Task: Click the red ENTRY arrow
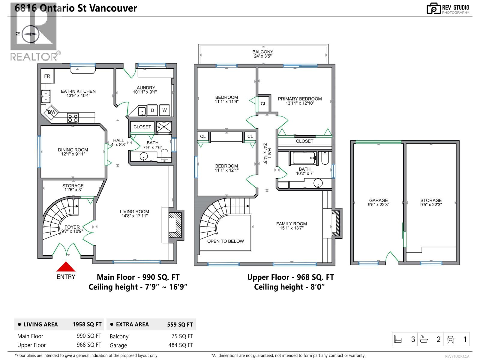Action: pyautogui.click(x=66, y=267)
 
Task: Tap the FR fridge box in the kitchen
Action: pyautogui.click(x=47, y=76)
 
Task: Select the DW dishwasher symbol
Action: pyautogui.click(x=51, y=112)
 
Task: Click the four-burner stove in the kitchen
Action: pyautogui.click(x=73, y=118)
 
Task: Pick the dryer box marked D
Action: pyautogui.click(x=152, y=110)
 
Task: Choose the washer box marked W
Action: pyautogui.click(x=164, y=110)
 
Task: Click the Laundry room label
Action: pyautogui.click(x=145, y=88)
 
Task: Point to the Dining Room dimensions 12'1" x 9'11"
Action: pyautogui.click(x=73, y=154)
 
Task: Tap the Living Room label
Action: pyautogui.click(x=134, y=211)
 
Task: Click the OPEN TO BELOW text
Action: pyautogui.click(x=226, y=241)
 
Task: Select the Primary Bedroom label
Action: pyautogui.click(x=300, y=99)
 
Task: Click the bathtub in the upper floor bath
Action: pyautogui.click(x=304, y=158)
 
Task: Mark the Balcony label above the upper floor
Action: pyautogui.click(x=263, y=52)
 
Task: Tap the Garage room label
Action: pyautogui.click(x=378, y=200)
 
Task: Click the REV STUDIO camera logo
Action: pyautogui.click(x=433, y=8)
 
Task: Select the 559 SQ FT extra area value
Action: pyautogui.click(x=180, y=325)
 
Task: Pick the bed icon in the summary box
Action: pyautogui.click(x=398, y=339)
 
